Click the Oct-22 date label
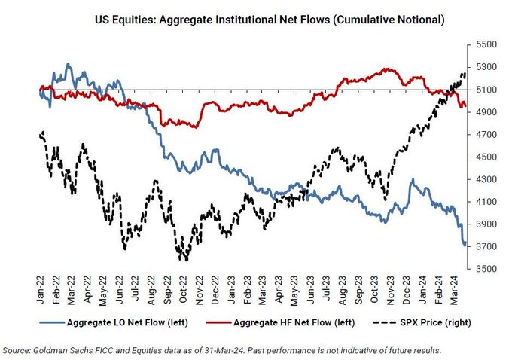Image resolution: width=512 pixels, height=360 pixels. [x=185, y=287]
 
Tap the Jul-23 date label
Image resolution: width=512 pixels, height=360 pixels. [x=328, y=287]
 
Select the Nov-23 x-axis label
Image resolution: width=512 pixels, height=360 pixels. [x=392, y=287]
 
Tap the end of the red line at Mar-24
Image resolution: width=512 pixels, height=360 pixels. [x=465, y=106]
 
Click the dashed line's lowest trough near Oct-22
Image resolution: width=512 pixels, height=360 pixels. [x=184, y=259]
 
